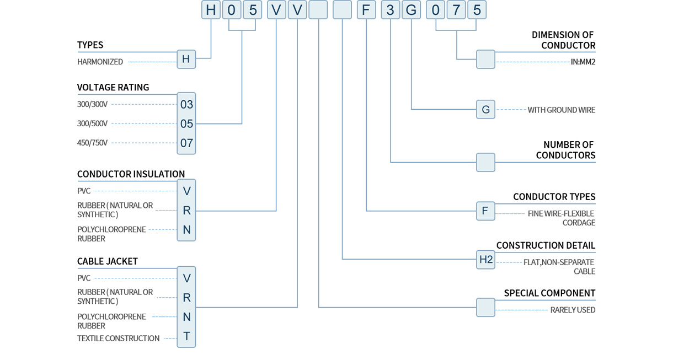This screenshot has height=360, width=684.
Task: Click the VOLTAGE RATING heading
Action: coord(113,87)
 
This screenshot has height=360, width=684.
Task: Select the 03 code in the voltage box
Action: coord(186,104)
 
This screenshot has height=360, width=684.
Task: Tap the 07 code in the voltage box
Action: coord(186,143)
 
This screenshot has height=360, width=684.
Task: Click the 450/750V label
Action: coord(92,143)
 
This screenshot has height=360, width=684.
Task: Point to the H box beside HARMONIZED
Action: coord(186,59)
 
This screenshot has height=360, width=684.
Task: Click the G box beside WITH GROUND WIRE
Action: coord(485,109)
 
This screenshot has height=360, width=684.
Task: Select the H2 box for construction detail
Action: coord(485,259)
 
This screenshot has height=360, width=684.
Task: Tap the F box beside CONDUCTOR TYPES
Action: coord(485,211)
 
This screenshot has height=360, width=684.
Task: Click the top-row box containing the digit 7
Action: coord(456,10)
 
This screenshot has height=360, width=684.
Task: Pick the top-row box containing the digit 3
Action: coord(391,10)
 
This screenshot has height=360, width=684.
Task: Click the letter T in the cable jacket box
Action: coord(186,336)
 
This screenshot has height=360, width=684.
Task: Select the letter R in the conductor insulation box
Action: coord(186,210)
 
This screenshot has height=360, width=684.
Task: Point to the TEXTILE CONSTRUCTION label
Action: coord(118,338)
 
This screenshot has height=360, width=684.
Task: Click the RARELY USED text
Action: coord(573,310)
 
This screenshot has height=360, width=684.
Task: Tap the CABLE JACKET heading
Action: coord(108,261)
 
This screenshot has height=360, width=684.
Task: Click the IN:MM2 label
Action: coord(583,62)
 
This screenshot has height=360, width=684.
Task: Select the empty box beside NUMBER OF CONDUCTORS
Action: coord(485,162)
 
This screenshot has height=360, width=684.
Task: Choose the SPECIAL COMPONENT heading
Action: coord(549,293)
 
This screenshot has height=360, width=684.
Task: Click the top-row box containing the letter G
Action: coord(412,10)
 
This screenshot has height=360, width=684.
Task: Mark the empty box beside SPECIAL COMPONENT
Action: coord(485,307)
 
